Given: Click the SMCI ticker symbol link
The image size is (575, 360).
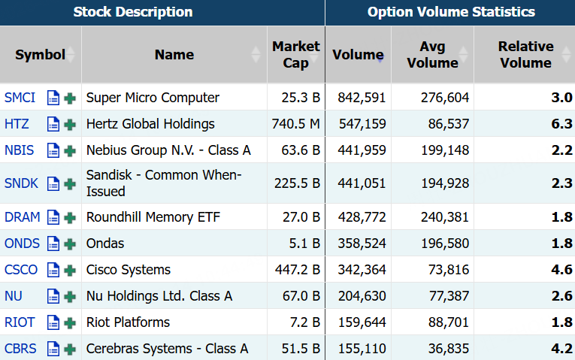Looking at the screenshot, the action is tap(20, 98).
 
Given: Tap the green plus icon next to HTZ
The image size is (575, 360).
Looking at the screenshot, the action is tap(70, 125).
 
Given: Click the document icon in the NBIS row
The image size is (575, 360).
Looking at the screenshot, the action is tap(53, 150).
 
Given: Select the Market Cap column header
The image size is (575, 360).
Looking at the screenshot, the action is tap(296, 54).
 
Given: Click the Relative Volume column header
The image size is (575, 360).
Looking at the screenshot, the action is tap(525, 54).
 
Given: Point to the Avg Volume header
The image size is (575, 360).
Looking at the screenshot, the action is tap(432, 54).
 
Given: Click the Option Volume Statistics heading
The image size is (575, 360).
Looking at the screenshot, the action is tap(451, 12).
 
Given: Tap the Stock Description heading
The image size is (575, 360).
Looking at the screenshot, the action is tap(133, 12).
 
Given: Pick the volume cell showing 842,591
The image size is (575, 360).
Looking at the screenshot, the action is tap(362, 98).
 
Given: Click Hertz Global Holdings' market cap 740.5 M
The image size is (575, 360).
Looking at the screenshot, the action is tap(295, 124).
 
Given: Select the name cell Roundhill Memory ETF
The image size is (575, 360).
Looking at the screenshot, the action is tap(153, 217).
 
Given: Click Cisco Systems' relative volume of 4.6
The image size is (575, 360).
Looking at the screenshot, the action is tap(561, 270).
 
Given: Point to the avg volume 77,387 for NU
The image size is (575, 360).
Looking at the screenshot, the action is tap(449, 296).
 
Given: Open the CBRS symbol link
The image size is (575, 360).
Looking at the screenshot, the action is tap(20, 349).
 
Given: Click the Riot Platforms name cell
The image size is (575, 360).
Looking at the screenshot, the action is tap(128, 322).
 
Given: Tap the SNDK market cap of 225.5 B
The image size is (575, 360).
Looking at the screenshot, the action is tap(297, 183).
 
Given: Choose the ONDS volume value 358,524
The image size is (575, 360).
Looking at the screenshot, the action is tap(362, 244).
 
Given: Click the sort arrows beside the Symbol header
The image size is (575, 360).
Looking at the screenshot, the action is tap(70, 55).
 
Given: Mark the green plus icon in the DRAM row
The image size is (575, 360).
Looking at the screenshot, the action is tap(70, 218).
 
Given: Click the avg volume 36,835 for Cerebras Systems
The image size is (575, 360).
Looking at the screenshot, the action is tap(449, 349).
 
